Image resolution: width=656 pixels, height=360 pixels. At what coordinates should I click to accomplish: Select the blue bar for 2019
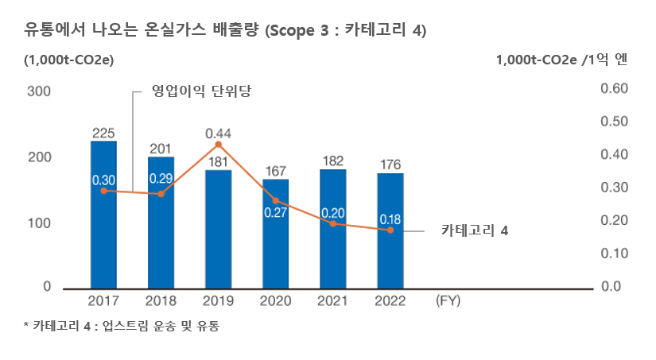(x=218, y=230)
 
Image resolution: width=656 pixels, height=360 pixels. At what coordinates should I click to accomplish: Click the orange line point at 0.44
(x=218, y=144)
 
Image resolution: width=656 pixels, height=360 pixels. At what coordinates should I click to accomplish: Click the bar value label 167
(x=275, y=171)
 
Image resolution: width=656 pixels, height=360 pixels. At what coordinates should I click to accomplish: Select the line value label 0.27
(x=275, y=213)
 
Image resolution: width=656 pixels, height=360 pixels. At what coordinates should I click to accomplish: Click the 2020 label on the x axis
(x=275, y=301)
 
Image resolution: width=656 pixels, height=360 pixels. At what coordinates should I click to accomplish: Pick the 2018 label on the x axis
(x=161, y=301)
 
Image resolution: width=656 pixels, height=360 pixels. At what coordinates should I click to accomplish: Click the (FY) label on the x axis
(x=448, y=301)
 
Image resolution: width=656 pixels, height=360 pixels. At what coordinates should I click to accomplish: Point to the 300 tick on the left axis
(x=41, y=91)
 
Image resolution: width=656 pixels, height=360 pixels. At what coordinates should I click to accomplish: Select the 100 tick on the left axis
(x=41, y=223)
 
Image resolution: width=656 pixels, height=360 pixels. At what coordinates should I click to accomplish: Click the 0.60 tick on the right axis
(x=614, y=89)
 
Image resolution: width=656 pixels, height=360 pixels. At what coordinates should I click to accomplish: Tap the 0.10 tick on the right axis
(x=614, y=254)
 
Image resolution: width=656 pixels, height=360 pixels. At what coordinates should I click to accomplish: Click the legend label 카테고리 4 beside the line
(x=474, y=231)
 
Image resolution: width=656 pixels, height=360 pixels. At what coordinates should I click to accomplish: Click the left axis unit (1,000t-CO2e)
(x=68, y=60)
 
